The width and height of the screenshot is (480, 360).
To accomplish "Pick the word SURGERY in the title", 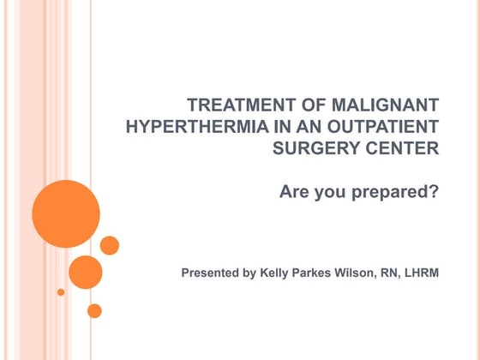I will [310, 148].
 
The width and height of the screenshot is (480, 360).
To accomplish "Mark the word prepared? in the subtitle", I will [398, 191].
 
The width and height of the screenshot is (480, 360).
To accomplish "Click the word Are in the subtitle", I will [295, 191].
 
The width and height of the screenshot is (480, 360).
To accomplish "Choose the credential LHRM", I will [424, 273].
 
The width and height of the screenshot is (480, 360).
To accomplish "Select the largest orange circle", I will [66, 214].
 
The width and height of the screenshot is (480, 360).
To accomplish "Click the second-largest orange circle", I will [86, 272].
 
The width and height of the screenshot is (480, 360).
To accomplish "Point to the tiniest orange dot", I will [61, 292].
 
